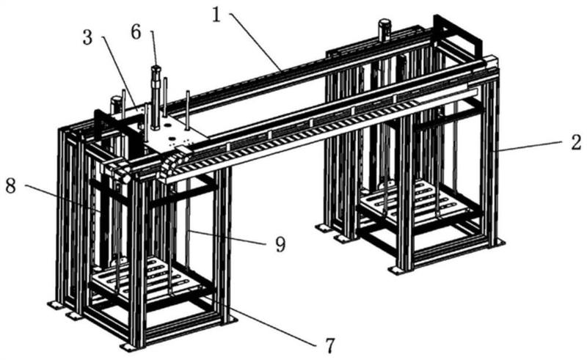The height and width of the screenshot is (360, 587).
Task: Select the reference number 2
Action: [577, 142]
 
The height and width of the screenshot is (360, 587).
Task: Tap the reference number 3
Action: [87, 38]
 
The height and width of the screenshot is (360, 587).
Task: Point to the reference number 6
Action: [136, 32]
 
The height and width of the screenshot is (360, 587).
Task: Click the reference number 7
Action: [329, 346]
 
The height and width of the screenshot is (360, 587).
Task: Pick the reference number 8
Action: [10, 185]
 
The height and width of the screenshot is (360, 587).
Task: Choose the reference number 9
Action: [280, 245]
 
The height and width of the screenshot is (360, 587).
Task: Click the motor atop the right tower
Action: [384, 29]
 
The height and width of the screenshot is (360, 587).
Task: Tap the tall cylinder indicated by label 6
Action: [156, 98]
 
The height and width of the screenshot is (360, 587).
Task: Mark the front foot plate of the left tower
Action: [129, 348]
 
